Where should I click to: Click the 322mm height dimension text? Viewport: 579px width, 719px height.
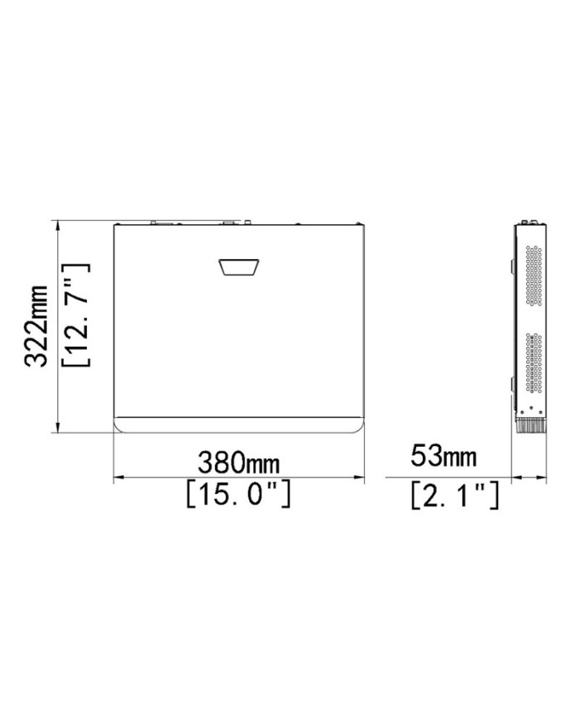[x=35, y=326]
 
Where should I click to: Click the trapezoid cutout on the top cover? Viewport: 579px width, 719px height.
[x=239, y=268]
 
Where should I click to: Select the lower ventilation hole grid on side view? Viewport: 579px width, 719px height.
[x=532, y=365]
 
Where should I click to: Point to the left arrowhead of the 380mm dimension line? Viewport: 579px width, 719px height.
[x=117, y=477]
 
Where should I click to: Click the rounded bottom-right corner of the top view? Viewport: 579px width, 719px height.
[x=360, y=428]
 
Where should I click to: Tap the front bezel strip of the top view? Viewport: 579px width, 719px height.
[x=239, y=424]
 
